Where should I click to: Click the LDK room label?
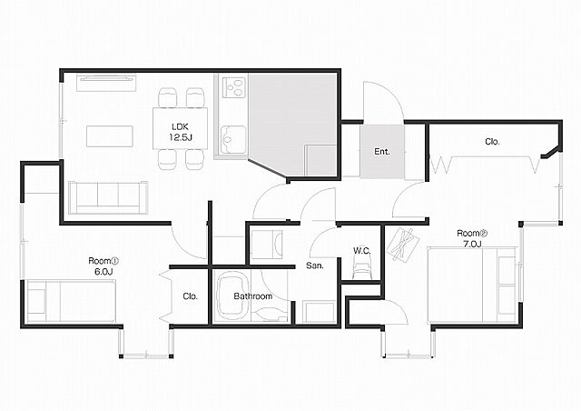[x=181, y=126]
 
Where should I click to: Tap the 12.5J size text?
[x=181, y=137]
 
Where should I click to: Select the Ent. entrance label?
[x=382, y=152]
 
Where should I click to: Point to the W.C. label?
[x=361, y=251]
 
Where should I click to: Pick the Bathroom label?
[x=253, y=296]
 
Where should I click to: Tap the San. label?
[x=315, y=266]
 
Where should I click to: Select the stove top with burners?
[x=234, y=87]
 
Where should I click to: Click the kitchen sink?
[x=233, y=140]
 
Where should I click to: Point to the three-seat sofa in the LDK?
[x=108, y=197]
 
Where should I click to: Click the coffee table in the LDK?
[x=110, y=136]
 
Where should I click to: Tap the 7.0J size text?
[x=472, y=244]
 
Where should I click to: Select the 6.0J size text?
[x=103, y=271]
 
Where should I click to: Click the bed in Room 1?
[x=71, y=301]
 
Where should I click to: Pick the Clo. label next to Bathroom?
[x=190, y=296]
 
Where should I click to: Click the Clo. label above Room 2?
[x=492, y=142]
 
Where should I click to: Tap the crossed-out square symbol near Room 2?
[x=403, y=245]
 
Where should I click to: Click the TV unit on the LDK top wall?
[x=106, y=83]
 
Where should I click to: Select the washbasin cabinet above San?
[x=267, y=245]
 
